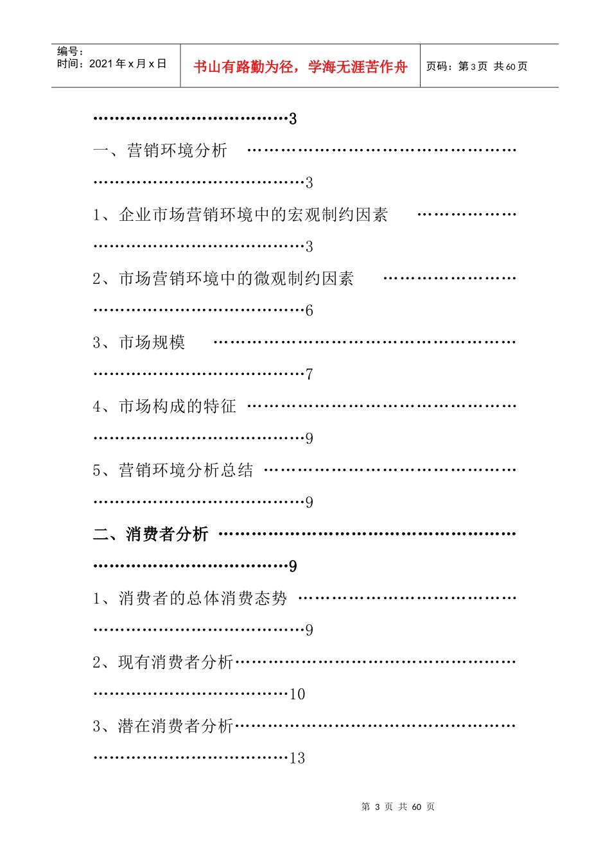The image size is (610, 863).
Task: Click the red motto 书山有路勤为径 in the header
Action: (x=300, y=67)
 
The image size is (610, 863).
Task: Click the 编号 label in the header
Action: (x=70, y=51)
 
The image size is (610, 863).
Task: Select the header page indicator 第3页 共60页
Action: (x=476, y=67)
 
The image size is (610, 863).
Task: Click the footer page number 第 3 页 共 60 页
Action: (x=397, y=806)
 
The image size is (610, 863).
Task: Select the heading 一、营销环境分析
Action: (x=161, y=150)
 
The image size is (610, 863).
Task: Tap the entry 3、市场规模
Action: (x=139, y=342)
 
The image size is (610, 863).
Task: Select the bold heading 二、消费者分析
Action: (x=151, y=534)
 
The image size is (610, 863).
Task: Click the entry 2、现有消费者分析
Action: (x=163, y=662)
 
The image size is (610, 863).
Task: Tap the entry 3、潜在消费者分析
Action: (x=163, y=726)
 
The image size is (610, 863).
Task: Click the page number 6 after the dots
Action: (x=309, y=311)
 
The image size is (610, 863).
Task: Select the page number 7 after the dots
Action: (x=309, y=374)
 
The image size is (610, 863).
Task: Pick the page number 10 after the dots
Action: (x=297, y=694)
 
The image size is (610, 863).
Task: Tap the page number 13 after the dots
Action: (x=297, y=758)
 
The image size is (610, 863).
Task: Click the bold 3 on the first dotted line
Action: (x=293, y=119)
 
